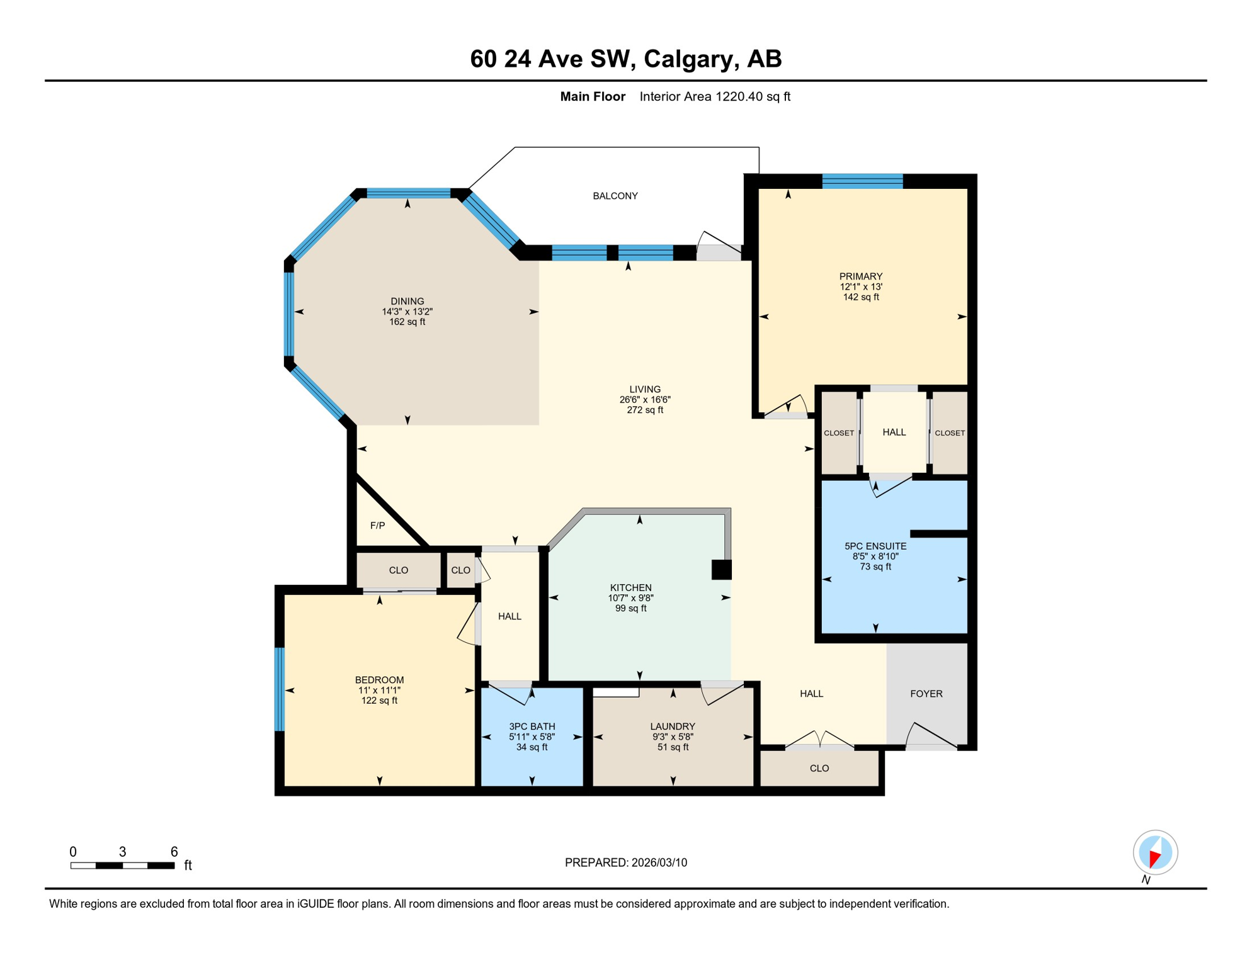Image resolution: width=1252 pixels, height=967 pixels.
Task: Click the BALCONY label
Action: [x=615, y=196]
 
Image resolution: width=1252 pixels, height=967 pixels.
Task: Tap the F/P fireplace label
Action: [x=377, y=526]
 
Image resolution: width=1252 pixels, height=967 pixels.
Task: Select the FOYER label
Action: [x=926, y=694]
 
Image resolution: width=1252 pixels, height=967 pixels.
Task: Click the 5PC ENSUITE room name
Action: [x=875, y=546]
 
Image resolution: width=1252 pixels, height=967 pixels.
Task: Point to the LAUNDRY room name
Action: [x=673, y=727]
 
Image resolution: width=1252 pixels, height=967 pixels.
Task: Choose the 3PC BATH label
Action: [x=532, y=727]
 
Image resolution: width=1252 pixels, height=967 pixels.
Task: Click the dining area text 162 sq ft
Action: [x=407, y=322]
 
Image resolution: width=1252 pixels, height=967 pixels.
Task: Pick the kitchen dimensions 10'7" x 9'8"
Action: [x=630, y=598]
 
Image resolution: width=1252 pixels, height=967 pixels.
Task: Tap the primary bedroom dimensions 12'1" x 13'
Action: [x=860, y=286]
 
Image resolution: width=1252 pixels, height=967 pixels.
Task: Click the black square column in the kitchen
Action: [x=721, y=570]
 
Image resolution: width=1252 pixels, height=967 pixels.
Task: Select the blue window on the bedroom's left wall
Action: [x=280, y=689]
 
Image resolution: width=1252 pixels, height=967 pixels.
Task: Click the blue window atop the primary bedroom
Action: [x=862, y=181]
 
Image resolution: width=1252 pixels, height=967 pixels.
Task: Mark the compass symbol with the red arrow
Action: [x=1155, y=853]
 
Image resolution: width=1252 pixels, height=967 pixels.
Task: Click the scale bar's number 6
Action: [x=174, y=852]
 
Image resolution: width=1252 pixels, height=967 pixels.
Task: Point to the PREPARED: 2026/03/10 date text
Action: [x=625, y=862]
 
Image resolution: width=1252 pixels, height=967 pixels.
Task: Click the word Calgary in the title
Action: [x=690, y=59]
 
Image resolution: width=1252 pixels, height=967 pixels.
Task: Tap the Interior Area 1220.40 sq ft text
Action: [x=714, y=96]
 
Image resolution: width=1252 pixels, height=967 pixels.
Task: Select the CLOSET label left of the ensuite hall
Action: [x=839, y=433]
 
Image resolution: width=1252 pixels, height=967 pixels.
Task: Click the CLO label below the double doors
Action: [x=819, y=768]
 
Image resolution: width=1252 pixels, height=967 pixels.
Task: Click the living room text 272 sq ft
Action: [x=644, y=410]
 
